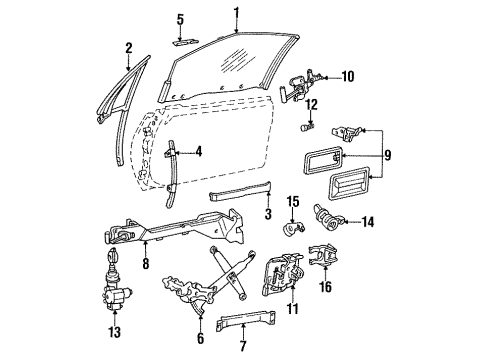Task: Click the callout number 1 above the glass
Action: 237,12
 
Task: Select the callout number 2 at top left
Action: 129,47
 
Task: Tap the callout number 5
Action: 181,19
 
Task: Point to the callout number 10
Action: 348,76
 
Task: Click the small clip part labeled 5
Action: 183,42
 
